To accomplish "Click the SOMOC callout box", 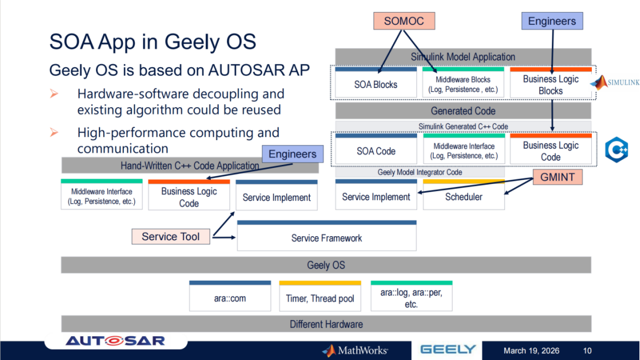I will click(x=404, y=21).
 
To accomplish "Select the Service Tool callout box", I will click(x=170, y=236).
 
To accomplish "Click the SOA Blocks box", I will click(x=376, y=83).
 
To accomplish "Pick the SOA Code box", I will click(x=376, y=150).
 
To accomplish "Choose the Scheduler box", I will click(x=463, y=196).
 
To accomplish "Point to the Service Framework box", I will click(x=327, y=237).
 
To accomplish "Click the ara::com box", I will click(x=230, y=297).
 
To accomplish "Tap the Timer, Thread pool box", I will click(x=320, y=297).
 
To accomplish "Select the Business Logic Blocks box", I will click(x=550, y=83).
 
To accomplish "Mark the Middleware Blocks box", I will click(x=463, y=83).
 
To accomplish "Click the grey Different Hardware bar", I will click(x=326, y=324).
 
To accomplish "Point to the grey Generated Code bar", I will click(x=463, y=111).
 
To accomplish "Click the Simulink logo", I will click(x=615, y=83).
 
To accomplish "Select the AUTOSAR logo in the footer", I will click(x=115, y=340).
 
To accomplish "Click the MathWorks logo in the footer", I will click(x=355, y=350).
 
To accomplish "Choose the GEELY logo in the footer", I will click(x=448, y=350).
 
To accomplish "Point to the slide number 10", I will click(x=587, y=350).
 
